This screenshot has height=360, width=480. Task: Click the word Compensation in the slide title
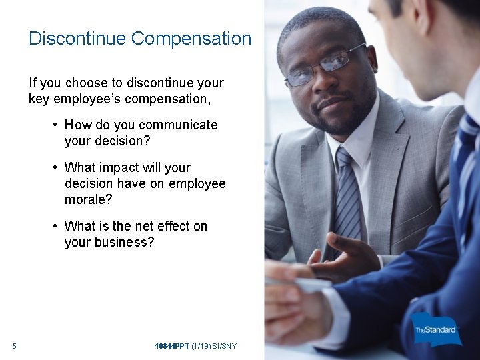pos(191,39)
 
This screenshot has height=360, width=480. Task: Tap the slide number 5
pos(14,346)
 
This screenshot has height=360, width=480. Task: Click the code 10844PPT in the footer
pos(171,346)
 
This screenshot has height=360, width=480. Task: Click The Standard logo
pos(437,329)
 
